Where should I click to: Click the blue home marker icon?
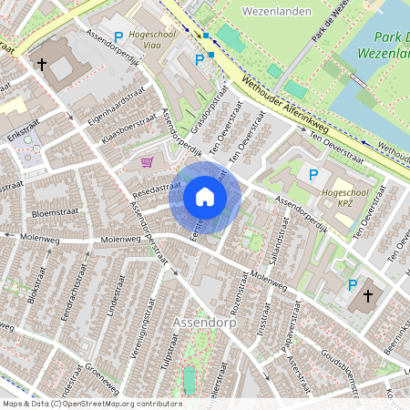205,198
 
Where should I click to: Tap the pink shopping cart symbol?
147,162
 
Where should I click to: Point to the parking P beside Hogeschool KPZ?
314,175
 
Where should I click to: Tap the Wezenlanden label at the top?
278,12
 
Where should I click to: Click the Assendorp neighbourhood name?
198,323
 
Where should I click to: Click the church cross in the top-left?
41,65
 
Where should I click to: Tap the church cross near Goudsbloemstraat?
369,295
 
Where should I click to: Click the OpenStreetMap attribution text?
91,404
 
